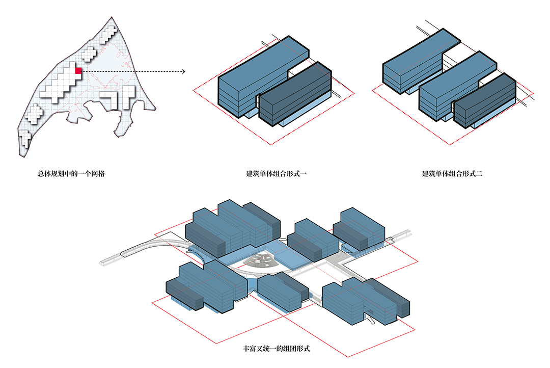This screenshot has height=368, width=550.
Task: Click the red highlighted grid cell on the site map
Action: [78, 70]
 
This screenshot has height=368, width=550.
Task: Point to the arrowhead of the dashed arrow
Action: [183, 72]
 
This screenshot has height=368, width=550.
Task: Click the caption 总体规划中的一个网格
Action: [71, 173]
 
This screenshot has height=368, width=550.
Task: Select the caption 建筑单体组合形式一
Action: [277, 173]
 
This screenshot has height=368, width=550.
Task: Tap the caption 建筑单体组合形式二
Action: [452, 173]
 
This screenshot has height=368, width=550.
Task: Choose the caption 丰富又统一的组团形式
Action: [277, 349]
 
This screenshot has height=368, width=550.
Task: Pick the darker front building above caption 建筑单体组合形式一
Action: [295, 94]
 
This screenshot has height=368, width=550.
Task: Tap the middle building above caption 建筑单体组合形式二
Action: [458, 86]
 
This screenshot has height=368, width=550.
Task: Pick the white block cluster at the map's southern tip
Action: [24, 139]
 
